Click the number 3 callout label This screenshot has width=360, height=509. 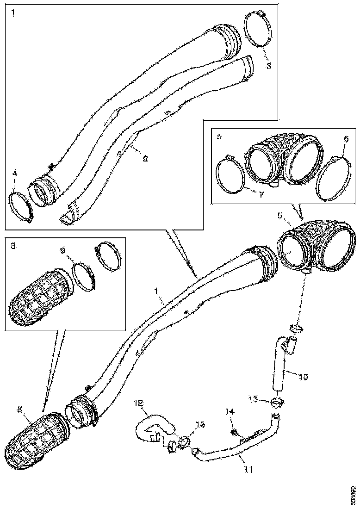(x=269, y=65)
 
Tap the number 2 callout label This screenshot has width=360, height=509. (x=145, y=159)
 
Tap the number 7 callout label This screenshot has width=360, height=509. (x=261, y=195)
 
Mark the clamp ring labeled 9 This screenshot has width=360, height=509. (x=85, y=278)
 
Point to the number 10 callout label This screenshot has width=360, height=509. (x=303, y=377)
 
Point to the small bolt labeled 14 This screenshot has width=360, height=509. (x=234, y=433)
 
